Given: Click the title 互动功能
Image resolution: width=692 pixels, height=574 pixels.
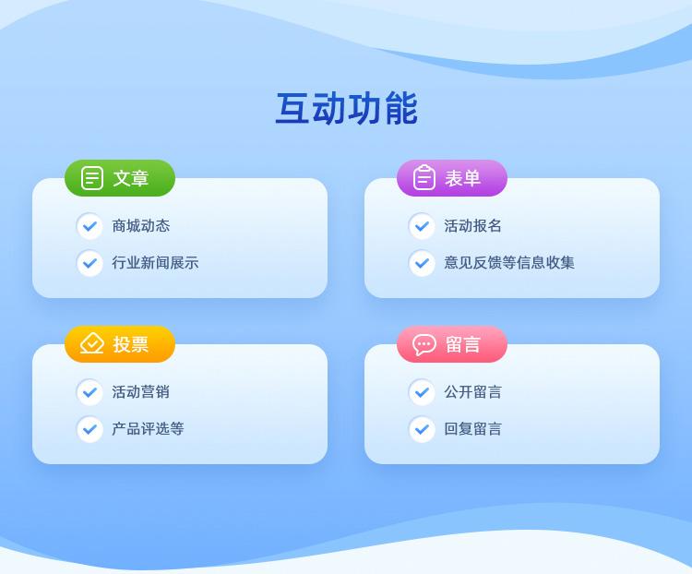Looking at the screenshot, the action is pyautogui.click(x=346, y=109).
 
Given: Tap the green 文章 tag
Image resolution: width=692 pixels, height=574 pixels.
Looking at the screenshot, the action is pyautogui.click(x=120, y=178).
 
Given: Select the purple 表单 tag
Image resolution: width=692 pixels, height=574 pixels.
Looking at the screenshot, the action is pyautogui.click(x=452, y=178).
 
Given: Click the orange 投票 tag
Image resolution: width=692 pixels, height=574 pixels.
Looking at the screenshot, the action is pyautogui.click(x=120, y=344).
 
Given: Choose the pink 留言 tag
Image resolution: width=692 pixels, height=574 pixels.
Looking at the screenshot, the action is pyautogui.click(x=452, y=344).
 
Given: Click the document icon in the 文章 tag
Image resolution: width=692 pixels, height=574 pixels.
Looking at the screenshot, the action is pyautogui.click(x=92, y=178).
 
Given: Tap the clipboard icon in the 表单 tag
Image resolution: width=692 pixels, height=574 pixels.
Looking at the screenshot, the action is pyautogui.click(x=424, y=177).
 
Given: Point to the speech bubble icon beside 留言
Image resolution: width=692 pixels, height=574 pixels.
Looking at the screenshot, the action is pyautogui.click(x=424, y=344).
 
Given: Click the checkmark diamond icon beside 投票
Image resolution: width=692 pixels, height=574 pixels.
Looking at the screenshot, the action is pyautogui.click(x=91, y=343).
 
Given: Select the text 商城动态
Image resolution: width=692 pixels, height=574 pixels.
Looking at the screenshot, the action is pyautogui.click(x=141, y=226).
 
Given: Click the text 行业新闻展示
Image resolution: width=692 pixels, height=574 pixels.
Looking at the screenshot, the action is pyautogui.click(x=155, y=263).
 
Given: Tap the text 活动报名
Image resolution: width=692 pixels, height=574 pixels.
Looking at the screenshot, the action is pyautogui.click(x=472, y=226).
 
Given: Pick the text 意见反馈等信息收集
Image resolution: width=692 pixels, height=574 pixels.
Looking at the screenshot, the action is pyautogui.click(x=509, y=263).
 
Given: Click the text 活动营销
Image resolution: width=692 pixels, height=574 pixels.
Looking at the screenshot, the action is pyautogui.click(x=141, y=392).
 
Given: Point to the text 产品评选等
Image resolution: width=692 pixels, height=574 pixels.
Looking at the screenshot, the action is pyautogui.click(x=148, y=429).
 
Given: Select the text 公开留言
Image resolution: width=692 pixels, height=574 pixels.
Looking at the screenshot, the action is pyautogui.click(x=472, y=392).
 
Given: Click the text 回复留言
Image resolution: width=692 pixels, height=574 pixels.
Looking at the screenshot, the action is pyautogui.click(x=472, y=429).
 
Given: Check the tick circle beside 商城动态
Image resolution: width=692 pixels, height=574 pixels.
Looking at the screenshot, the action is pyautogui.click(x=90, y=226).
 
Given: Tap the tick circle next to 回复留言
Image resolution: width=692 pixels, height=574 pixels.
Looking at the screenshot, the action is pyautogui.click(x=422, y=429).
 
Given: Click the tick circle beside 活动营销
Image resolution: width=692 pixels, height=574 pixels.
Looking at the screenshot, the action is pyautogui.click(x=90, y=392).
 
